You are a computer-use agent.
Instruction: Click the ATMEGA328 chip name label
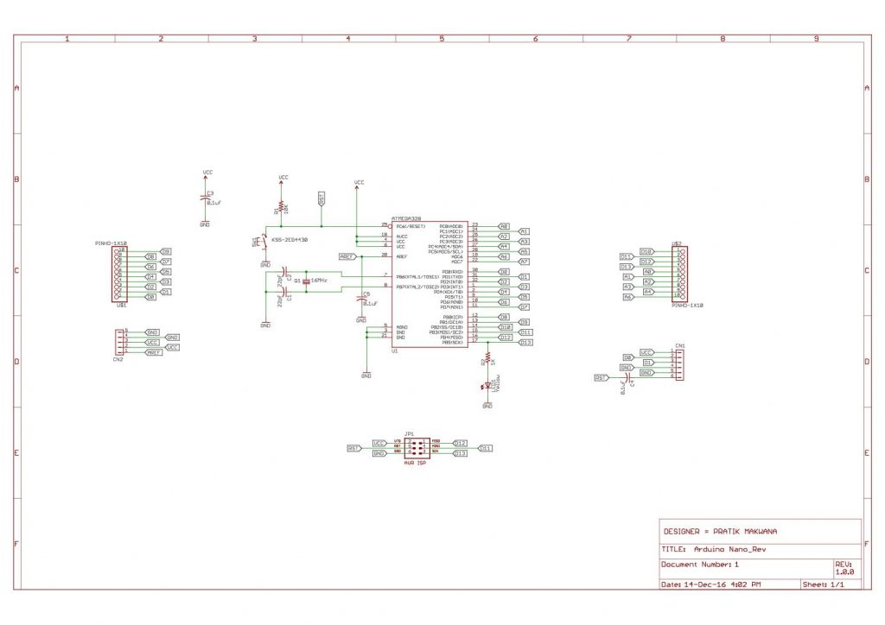[x=406, y=219]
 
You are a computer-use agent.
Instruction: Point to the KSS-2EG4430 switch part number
[x=290, y=239]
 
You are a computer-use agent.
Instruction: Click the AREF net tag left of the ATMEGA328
[x=347, y=256]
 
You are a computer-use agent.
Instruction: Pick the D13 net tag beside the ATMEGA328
[x=525, y=342]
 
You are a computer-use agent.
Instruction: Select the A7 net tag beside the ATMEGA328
[x=524, y=262]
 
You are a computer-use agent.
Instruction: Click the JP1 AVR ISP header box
[x=417, y=447]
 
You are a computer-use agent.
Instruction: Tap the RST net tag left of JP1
[x=353, y=449]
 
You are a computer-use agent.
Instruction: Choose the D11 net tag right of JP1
[x=485, y=449]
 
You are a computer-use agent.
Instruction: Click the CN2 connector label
[x=118, y=359]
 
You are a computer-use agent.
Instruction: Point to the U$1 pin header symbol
[x=122, y=274]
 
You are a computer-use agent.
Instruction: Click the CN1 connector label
[x=680, y=345]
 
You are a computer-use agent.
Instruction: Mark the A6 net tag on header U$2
[x=628, y=297]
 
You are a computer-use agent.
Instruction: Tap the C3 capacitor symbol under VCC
[x=205, y=198]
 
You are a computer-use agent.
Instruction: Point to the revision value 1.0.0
[x=844, y=571]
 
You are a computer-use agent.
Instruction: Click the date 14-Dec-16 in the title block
[x=702, y=584]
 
